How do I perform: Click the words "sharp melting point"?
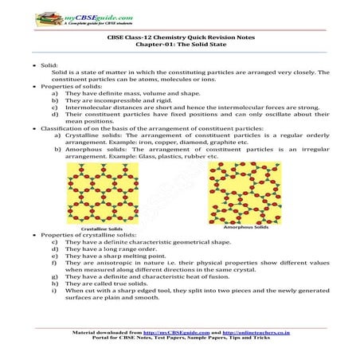132,254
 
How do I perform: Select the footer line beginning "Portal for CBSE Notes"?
179,336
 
